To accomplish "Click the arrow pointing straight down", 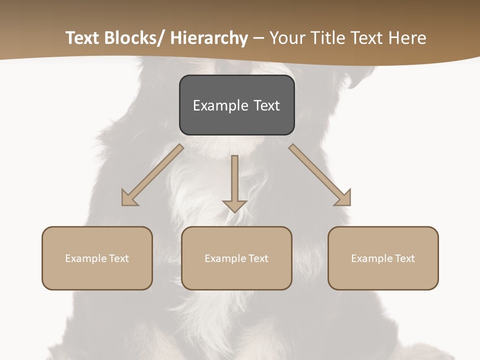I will pyautogui.click(x=234, y=182).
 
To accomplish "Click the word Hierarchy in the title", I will pyautogui.click(x=209, y=38).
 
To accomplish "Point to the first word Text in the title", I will pyautogui.click(x=83, y=38).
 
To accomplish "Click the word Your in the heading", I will pyautogui.click(x=286, y=38).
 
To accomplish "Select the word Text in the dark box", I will pyautogui.click(x=266, y=105).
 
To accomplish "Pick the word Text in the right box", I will pyautogui.click(x=404, y=258).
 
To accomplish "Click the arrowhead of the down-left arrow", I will pyautogui.click(x=129, y=198).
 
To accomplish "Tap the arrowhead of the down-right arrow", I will pyautogui.click(x=343, y=198).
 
